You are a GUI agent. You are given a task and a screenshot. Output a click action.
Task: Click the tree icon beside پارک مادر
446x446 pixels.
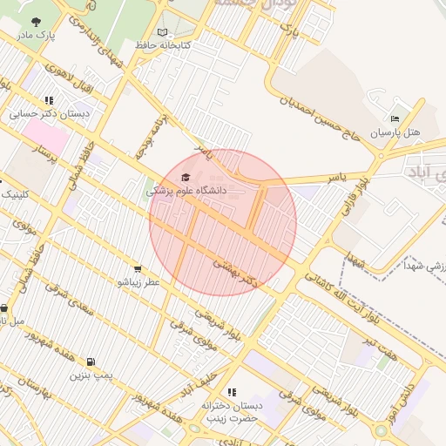36,23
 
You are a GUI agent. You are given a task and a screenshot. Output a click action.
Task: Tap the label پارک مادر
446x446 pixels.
36,36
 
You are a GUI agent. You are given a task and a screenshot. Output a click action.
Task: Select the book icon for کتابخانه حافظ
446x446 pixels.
163,31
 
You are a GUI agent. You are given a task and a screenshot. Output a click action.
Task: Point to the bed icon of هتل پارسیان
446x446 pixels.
395,119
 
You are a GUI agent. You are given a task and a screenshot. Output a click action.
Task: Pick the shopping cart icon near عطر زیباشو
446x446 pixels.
138,268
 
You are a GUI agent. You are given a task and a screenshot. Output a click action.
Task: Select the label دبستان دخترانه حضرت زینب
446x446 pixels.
232,412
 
